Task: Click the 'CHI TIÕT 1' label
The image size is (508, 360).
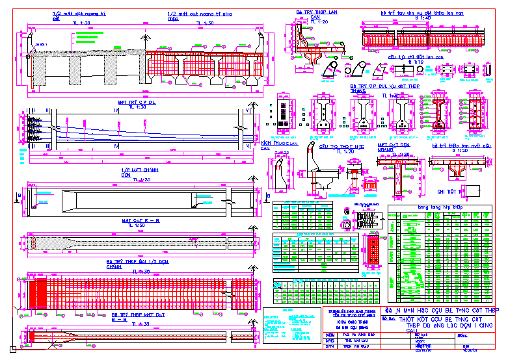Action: (449, 192)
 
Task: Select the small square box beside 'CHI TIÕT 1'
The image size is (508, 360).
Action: (474, 191)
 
